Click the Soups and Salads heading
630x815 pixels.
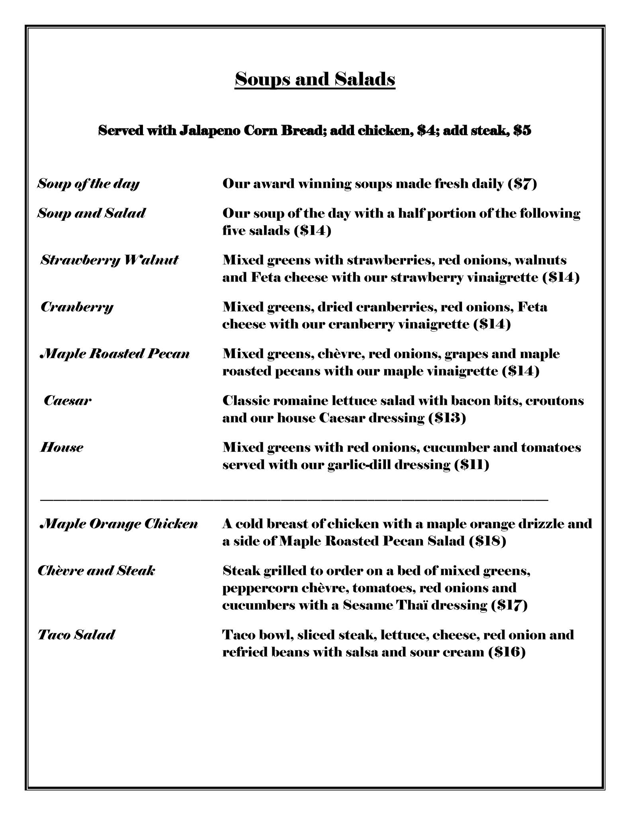(x=315, y=79)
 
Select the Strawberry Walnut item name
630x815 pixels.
(x=110, y=260)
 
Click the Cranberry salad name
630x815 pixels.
(x=77, y=307)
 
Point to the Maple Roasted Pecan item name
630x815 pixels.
(x=115, y=354)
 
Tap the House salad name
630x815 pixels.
(x=62, y=447)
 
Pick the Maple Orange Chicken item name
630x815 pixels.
(x=119, y=524)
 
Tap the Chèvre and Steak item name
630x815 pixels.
(x=96, y=571)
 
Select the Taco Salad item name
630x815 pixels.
(x=76, y=634)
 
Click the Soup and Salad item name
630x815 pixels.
(x=92, y=213)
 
